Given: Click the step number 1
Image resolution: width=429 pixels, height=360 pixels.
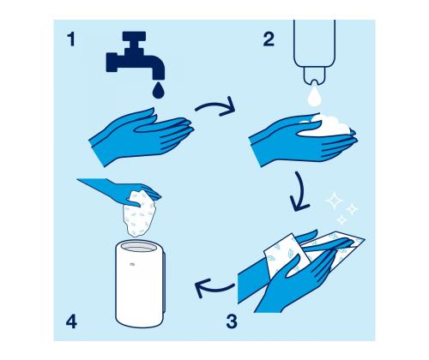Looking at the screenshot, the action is (71, 39).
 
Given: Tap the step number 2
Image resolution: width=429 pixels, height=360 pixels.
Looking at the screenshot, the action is (269, 39).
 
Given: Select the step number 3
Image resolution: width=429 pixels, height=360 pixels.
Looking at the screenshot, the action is (232, 321).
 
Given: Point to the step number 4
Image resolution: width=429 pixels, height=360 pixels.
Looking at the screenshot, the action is (71, 321).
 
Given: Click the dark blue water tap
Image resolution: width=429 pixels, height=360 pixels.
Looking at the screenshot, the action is (135, 56).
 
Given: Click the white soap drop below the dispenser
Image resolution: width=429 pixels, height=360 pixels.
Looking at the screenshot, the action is (313, 97).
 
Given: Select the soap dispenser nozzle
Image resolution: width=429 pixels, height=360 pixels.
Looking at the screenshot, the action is (314, 75).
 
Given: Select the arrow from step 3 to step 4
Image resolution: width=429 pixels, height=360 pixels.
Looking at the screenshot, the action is (213, 288).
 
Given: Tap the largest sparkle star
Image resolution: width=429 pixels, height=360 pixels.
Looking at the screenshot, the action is (334, 201).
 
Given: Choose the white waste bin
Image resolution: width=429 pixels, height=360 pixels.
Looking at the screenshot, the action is (140, 285).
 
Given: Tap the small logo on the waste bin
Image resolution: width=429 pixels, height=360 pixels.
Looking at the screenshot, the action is (132, 264).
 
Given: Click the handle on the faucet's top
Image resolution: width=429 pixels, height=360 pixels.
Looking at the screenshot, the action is (135, 36).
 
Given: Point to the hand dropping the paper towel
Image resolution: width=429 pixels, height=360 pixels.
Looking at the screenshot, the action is (120, 190).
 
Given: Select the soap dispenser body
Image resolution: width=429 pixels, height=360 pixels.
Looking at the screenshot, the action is (314, 43).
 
